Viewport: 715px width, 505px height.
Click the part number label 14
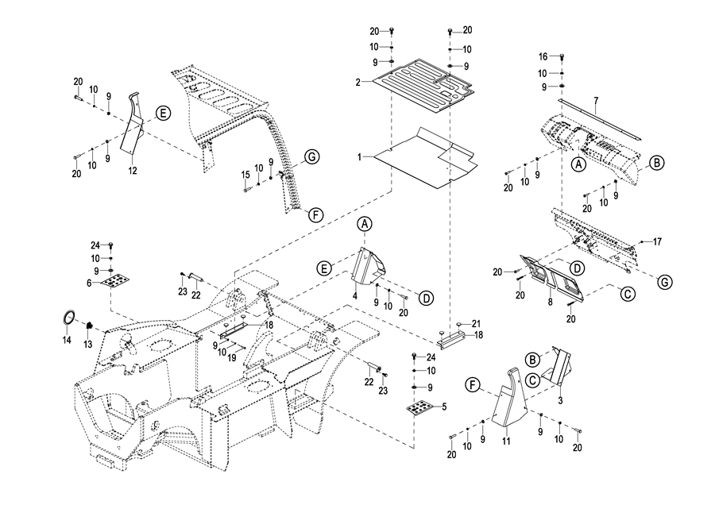point(67,340)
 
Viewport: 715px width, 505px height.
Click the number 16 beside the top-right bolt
point(543,56)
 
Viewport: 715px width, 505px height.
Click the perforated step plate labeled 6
point(118,280)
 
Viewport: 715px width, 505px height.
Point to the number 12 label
point(133,171)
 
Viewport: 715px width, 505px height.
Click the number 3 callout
point(560,402)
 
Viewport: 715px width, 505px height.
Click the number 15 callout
point(245,174)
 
